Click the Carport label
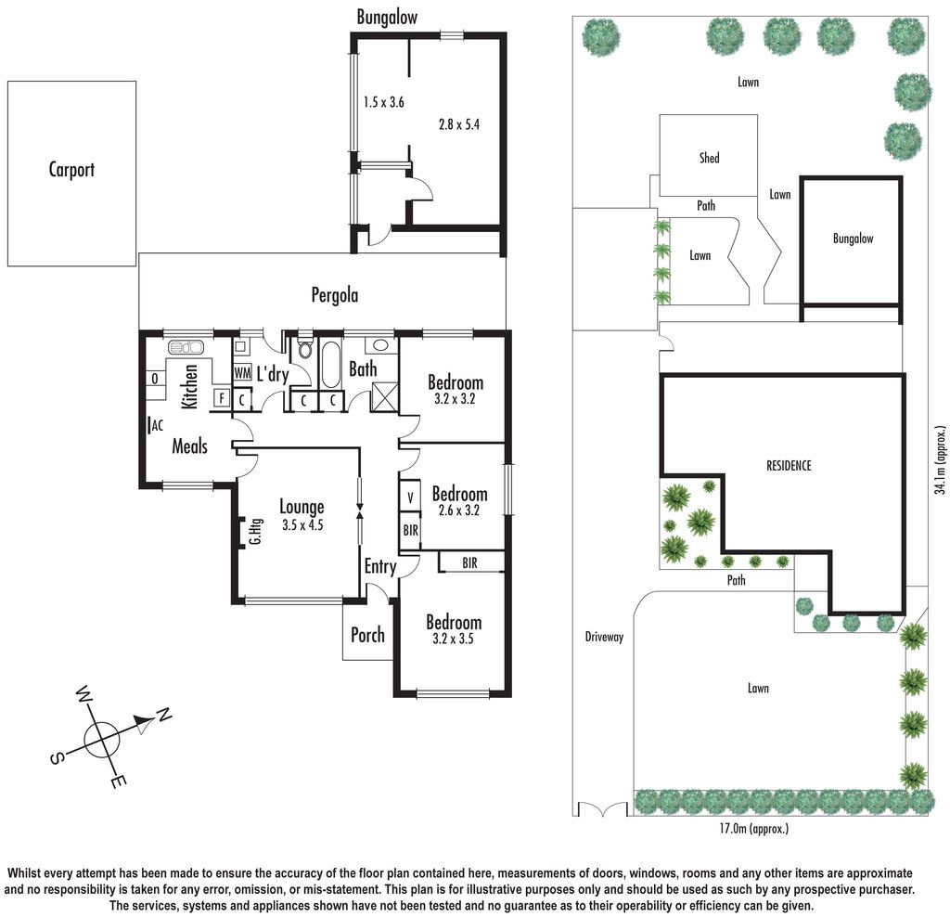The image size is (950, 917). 71,170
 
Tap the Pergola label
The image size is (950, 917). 334,295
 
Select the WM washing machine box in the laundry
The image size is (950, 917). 242,372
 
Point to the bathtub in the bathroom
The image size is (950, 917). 331,364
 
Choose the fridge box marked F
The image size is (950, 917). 222,398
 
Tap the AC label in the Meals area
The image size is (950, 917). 158,425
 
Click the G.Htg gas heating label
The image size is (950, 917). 256,531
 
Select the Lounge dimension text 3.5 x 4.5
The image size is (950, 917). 302,525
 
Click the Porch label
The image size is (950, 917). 367,635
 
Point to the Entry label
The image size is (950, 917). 379,567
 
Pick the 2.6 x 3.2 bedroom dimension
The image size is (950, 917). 458,510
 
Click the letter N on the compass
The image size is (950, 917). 163,716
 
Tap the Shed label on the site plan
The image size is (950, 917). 710,158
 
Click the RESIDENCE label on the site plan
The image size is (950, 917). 789,466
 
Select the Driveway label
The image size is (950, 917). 604,637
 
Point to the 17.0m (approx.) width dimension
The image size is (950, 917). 754,828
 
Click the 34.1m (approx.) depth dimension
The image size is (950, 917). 940,460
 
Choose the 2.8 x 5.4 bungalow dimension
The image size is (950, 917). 459,125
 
